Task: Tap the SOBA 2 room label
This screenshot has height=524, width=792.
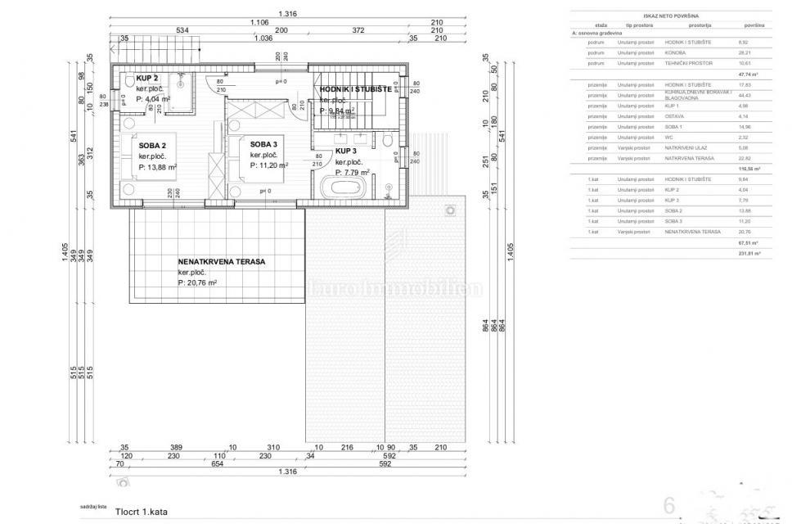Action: (x=152, y=145)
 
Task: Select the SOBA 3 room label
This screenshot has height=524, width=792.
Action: (x=264, y=144)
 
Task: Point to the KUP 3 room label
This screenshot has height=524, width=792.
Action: (x=346, y=151)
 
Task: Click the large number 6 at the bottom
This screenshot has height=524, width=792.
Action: (x=670, y=506)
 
